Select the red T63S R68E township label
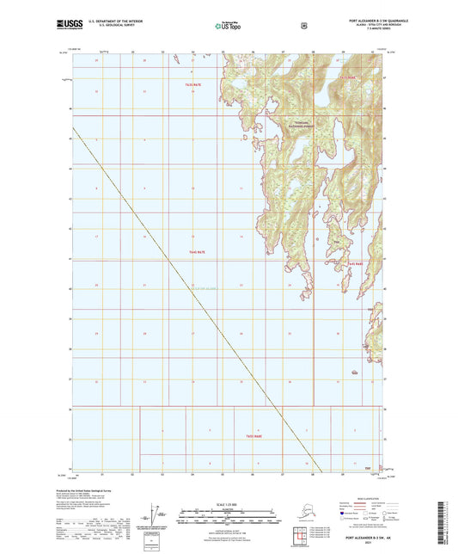346,78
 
